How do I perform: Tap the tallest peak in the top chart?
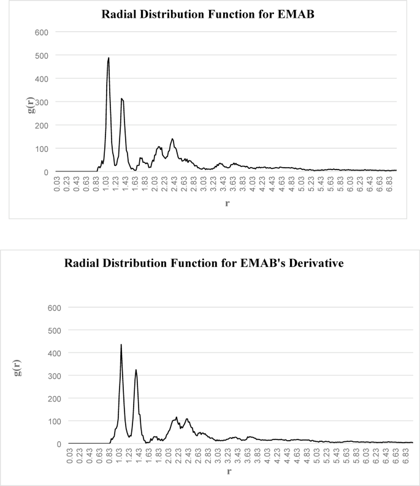pos(109,59)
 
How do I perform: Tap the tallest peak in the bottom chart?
pos(121,345)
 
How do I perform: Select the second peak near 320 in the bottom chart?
pos(136,370)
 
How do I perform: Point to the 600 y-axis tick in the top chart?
pos(42,32)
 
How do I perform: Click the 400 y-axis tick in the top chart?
pos(42,78)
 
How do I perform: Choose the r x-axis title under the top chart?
pos(227,204)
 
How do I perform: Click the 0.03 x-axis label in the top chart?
pos(57,185)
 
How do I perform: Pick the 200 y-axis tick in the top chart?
pos(42,125)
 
